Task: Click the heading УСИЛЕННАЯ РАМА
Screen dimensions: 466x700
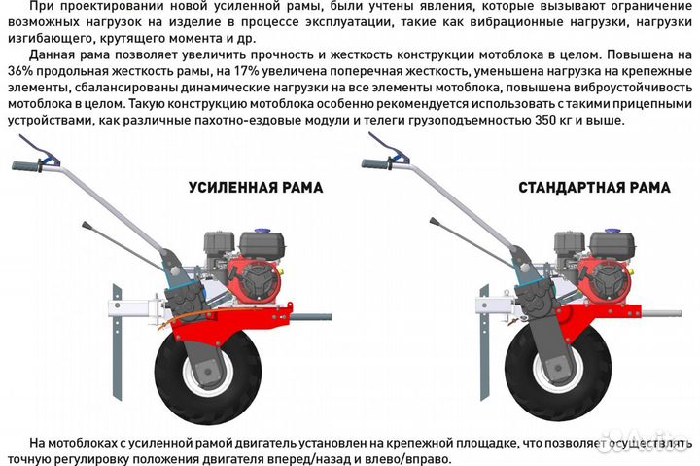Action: (256, 188)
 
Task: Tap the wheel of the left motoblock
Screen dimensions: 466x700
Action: (208, 374)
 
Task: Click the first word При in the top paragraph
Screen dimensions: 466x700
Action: (43, 8)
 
